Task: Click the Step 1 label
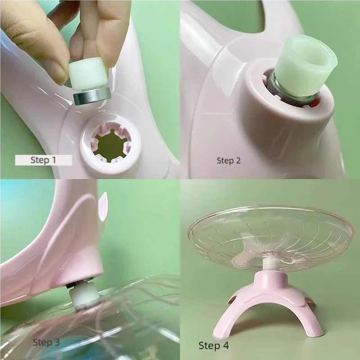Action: pyautogui.click(x=44, y=160)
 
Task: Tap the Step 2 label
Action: pyautogui.click(x=231, y=160)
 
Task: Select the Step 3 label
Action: pyautogui.click(x=46, y=342)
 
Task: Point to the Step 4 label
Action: pyautogui.click(x=213, y=345)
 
